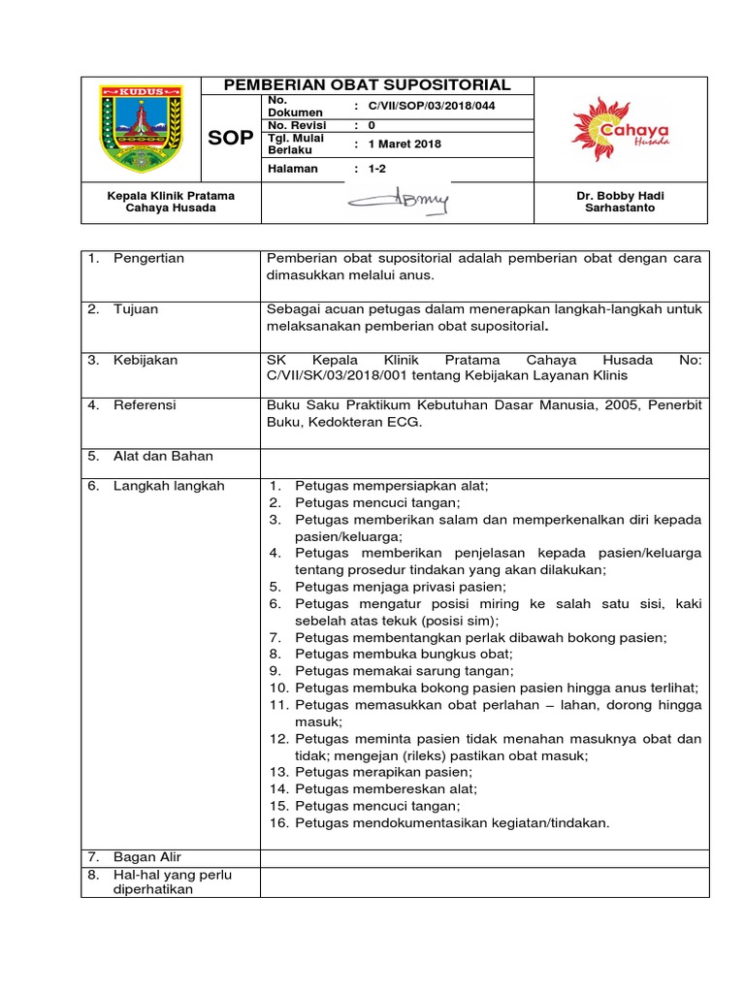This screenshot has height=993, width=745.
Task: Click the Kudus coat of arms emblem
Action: pyautogui.click(x=140, y=128)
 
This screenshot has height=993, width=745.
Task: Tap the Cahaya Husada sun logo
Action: pyautogui.click(x=620, y=128)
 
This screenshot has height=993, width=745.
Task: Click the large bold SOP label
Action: pyautogui.click(x=230, y=139)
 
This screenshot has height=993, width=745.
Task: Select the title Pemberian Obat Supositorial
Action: pyautogui.click(x=367, y=85)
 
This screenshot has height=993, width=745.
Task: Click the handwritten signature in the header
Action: pyautogui.click(x=398, y=202)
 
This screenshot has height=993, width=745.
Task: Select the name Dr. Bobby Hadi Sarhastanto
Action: pyautogui.click(x=620, y=202)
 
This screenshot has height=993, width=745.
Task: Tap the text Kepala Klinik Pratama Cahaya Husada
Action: pyautogui.click(x=170, y=202)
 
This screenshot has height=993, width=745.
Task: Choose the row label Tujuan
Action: pyautogui.click(x=136, y=309)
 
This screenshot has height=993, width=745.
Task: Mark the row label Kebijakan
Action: pyautogui.click(x=145, y=360)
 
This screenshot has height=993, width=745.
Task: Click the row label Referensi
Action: pyautogui.click(x=145, y=405)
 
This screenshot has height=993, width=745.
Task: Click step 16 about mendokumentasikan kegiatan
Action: pyautogui.click(x=452, y=823)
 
